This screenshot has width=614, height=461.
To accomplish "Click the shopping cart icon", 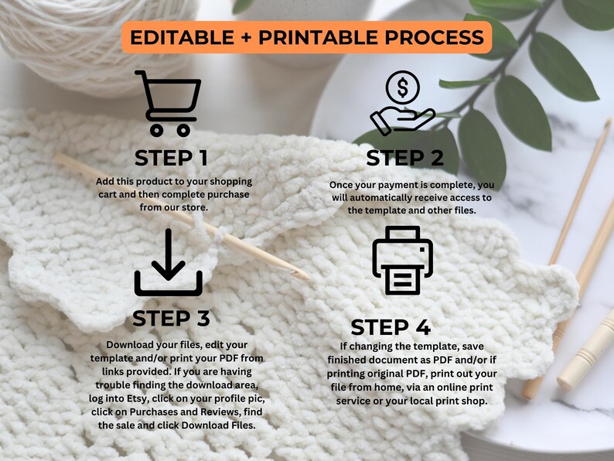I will click(x=167, y=104).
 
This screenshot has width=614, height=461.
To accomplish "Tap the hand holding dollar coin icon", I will click(x=403, y=104).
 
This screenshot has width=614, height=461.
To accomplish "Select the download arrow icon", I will click(x=169, y=262).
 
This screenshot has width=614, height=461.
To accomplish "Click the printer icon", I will click(x=403, y=260).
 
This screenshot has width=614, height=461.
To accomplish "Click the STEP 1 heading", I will click(x=171, y=158).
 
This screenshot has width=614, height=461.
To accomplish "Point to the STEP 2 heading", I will click(x=405, y=158).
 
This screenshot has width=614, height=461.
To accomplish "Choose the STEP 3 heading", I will click(x=171, y=318).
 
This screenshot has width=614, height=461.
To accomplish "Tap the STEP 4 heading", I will click(x=391, y=326).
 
